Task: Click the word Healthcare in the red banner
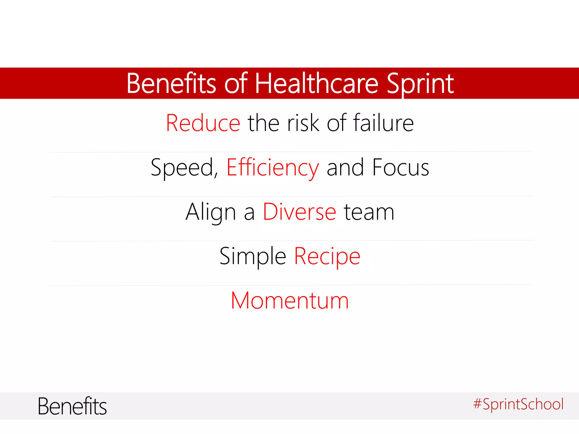pyautogui.click(x=317, y=84)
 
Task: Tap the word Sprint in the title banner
pyautogui.click(x=420, y=84)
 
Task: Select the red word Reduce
pyautogui.click(x=203, y=123)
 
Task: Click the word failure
pyautogui.click(x=383, y=123)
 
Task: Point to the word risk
pyautogui.click(x=303, y=123)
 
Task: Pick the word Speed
pyautogui.click(x=182, y=168)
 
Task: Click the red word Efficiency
pyautogui.click(x=273, y=168)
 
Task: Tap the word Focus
pyautogui.click(x=401, y=168)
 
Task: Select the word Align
pyautogui.click(x=211, y=212)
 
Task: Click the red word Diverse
pyautogui.click(x=299, y=212)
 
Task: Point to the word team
pyautogui.click(x=369, y=212)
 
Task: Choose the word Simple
pyautogui.click(x=253, y=257)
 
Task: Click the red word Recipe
pyautogui.click(x=327, y=257)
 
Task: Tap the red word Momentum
pyautogui.click(x=290, y=301)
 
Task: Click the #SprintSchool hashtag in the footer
pyautogui.click(x=518, y=404)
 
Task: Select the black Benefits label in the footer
pyautogui.click(x=72, y=406)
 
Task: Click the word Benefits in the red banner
pyautogui.click(x=171, y=84)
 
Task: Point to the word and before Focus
pyautogui.click(x=345, y=168)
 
